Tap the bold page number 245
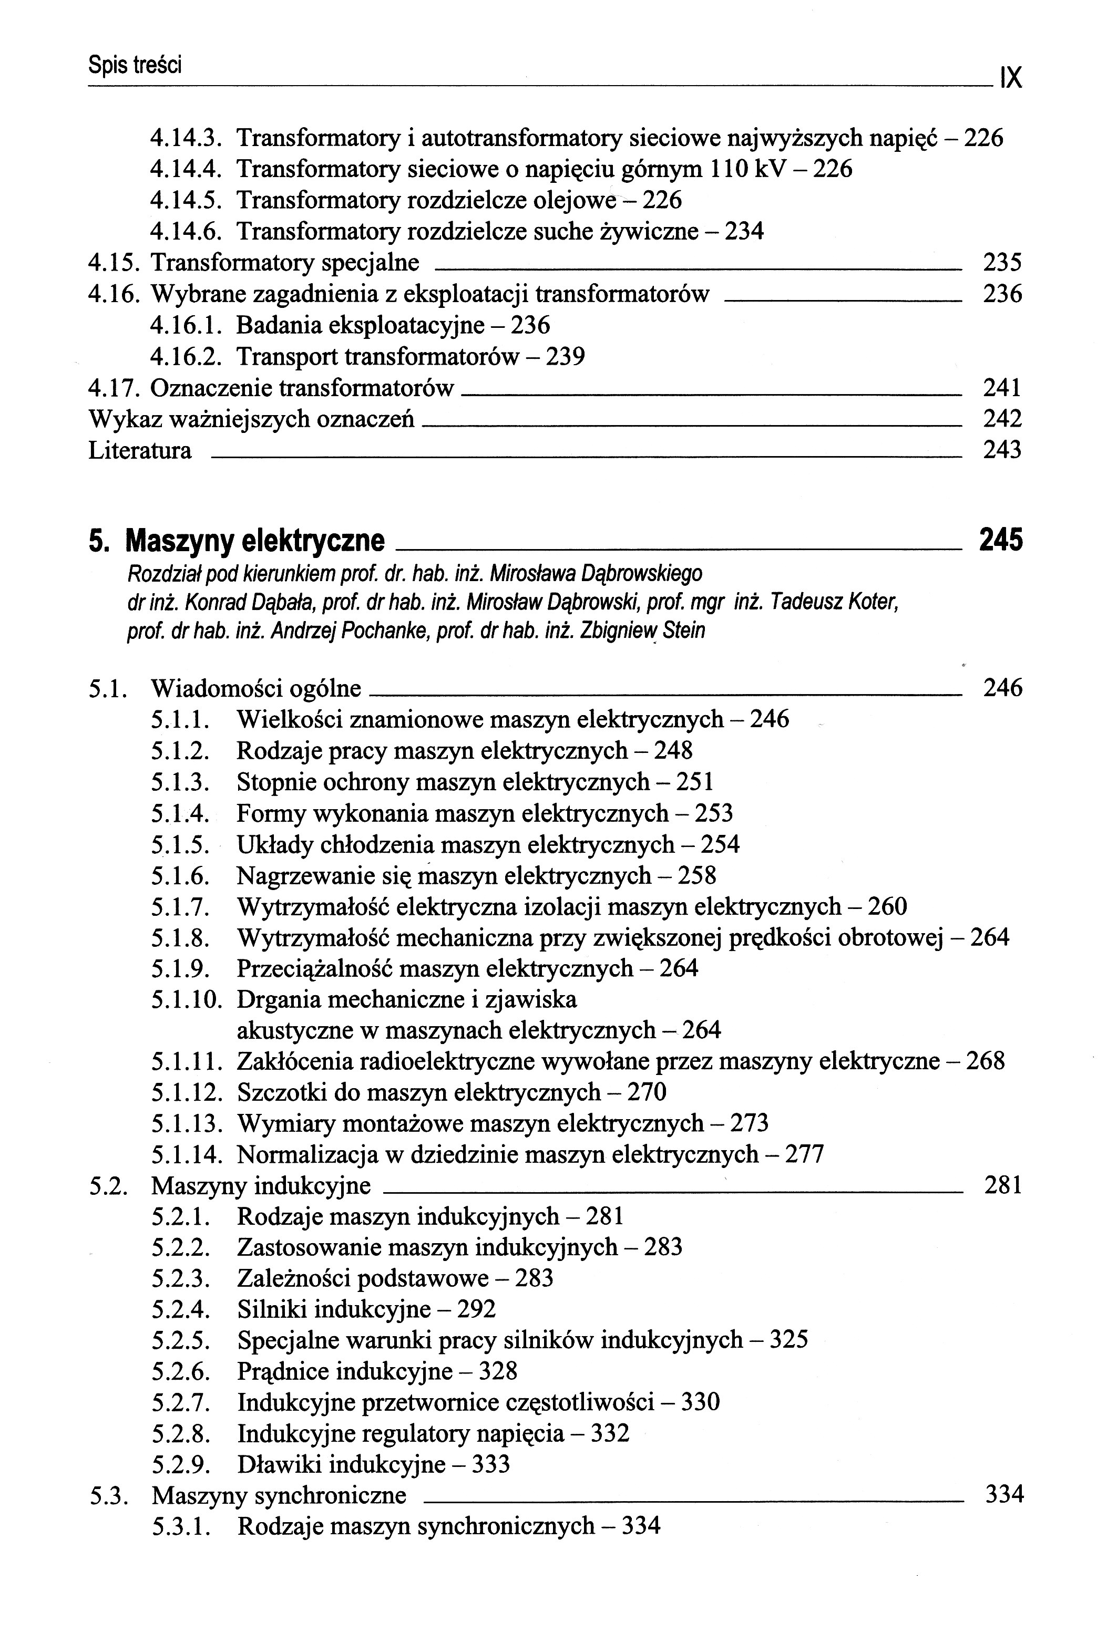click(x=1001, y=540)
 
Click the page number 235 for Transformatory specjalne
click(x=1001, y=263)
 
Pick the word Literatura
click(x=140, y=450)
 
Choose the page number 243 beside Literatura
click(x=1001, y=450)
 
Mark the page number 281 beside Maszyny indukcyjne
click(x=1002, y=1186)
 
